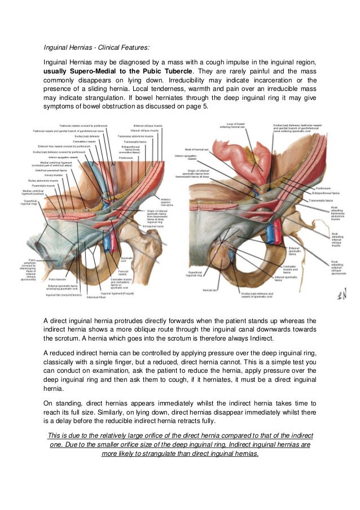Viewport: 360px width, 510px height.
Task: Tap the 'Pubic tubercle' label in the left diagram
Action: pyautogui.click(x=58, y=279)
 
